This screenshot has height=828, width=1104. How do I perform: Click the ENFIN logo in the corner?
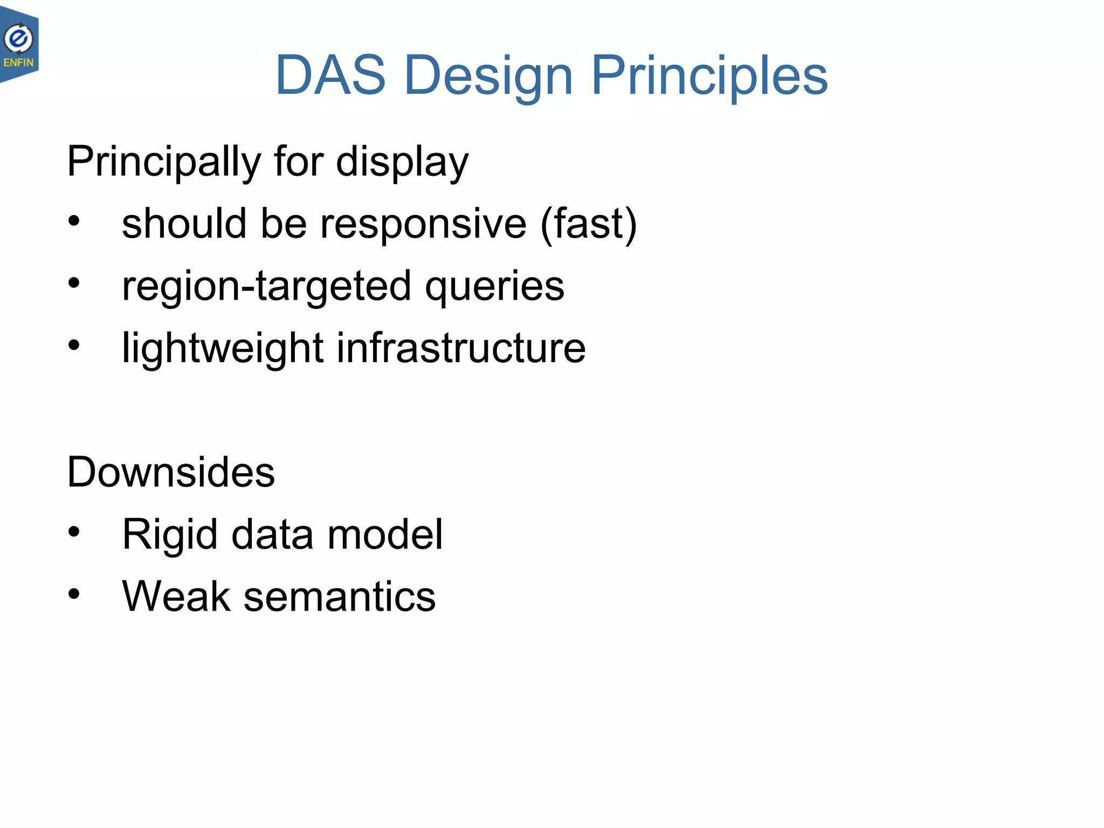19,45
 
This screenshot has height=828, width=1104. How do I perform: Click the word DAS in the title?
330,75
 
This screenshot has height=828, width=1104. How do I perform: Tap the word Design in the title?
488,75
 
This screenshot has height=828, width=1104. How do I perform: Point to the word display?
402,162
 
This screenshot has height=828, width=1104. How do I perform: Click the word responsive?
423,224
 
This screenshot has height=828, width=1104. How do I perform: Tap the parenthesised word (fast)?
589,224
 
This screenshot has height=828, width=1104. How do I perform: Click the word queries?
494,286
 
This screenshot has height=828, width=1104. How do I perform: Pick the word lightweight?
223,348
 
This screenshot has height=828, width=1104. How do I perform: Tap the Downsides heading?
171,472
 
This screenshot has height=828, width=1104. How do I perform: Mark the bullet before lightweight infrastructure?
74,345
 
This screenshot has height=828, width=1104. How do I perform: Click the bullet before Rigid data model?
74,532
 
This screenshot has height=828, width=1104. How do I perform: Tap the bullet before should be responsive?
74,220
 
